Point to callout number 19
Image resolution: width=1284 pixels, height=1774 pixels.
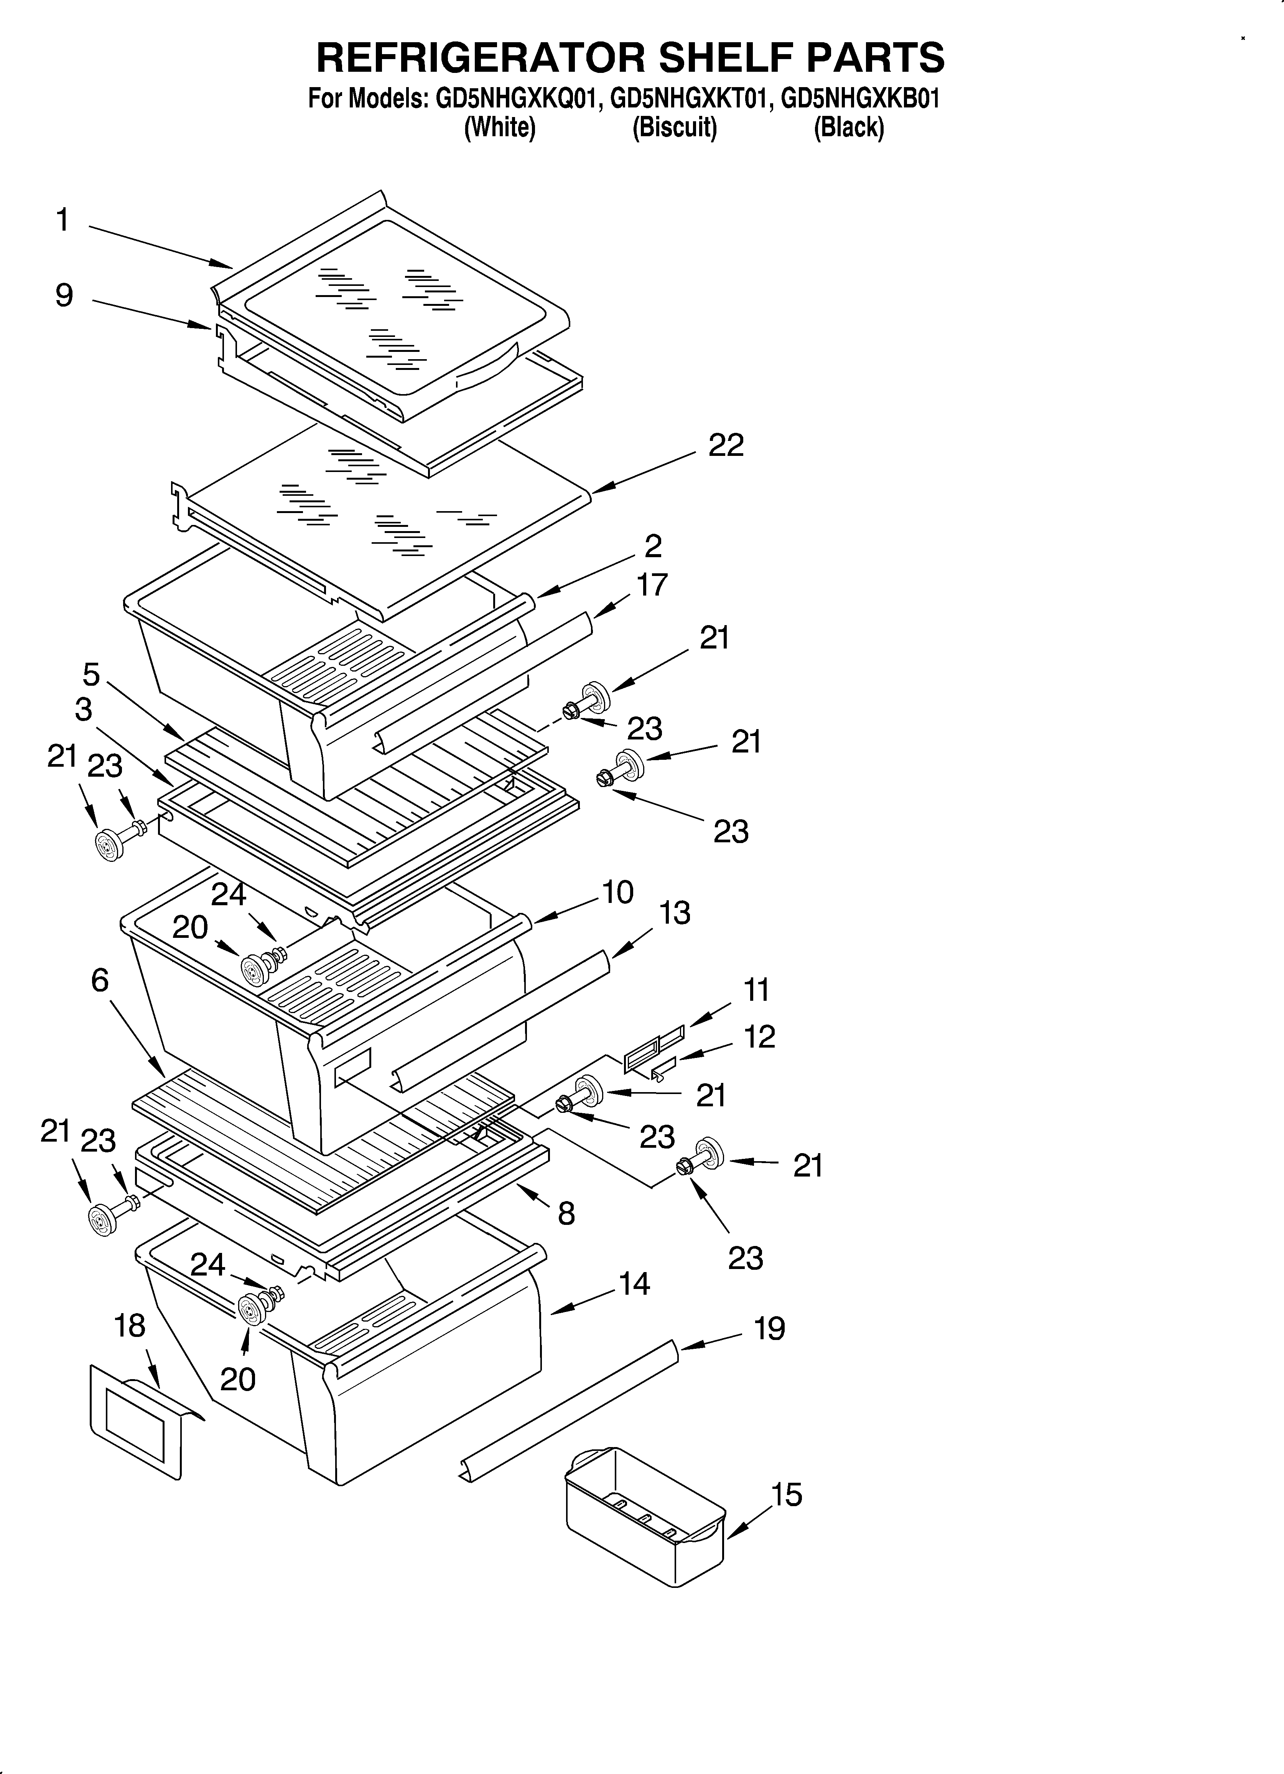pyautogui.click(x=769, y=1328)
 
